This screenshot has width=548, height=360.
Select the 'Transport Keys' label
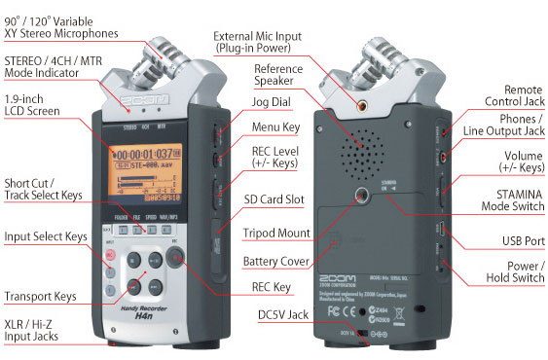(x=40, y=296)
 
